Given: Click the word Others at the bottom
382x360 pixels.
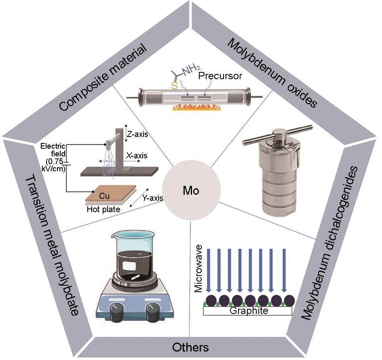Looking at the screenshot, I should pyautogui.click(x=190, y=347).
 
